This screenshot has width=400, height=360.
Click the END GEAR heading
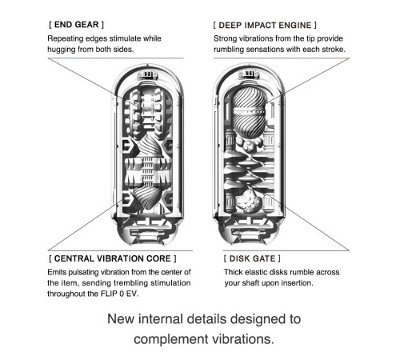point(76,25)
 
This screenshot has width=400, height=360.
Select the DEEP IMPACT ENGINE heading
point(265,26)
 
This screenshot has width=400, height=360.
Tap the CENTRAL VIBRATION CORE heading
point(113,258)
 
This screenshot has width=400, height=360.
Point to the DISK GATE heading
point(252,258)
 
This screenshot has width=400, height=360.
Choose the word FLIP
point(108,294)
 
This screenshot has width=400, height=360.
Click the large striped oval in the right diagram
point(250,114)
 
